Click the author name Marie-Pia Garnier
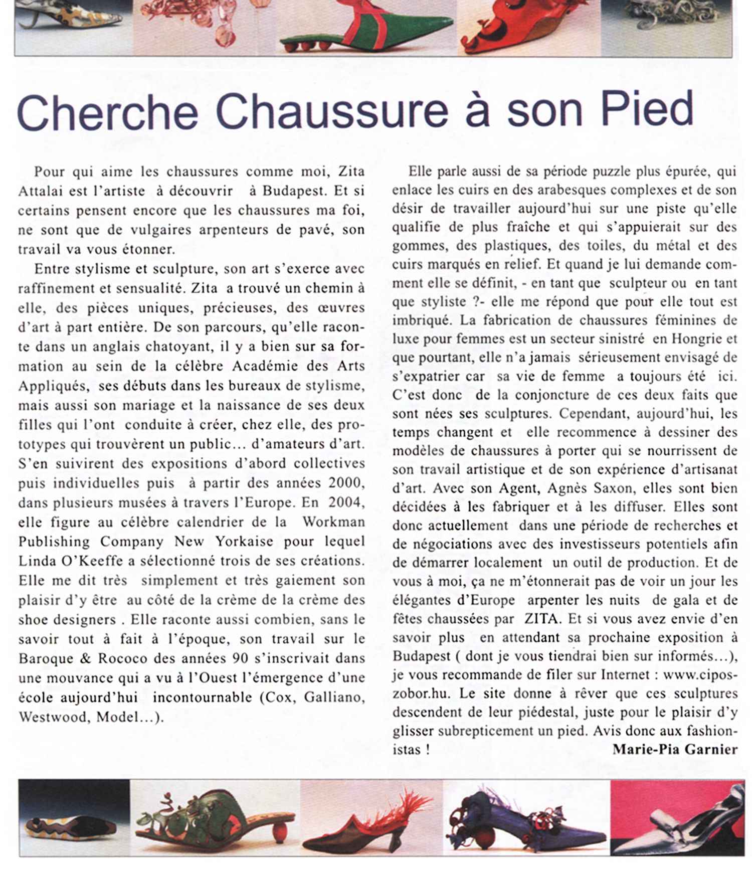click(675, 749)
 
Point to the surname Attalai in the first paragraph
click(38, 191)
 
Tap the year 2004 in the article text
click(346, 502)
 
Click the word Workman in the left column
click(333, 521)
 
